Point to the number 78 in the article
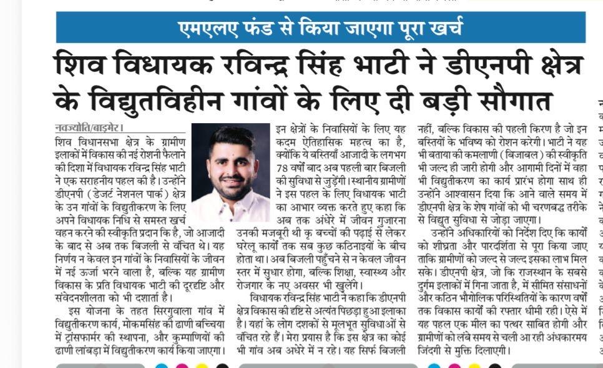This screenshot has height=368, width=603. coord(285,169)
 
